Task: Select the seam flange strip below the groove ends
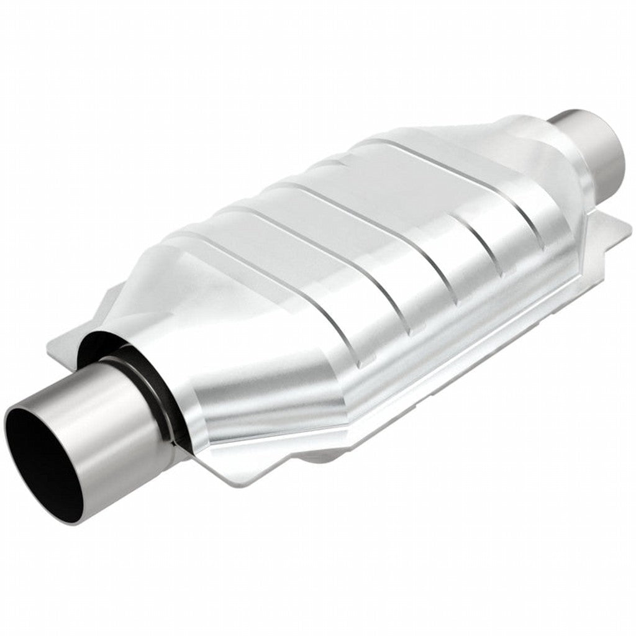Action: pyautogui.click(x=435, y=385)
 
